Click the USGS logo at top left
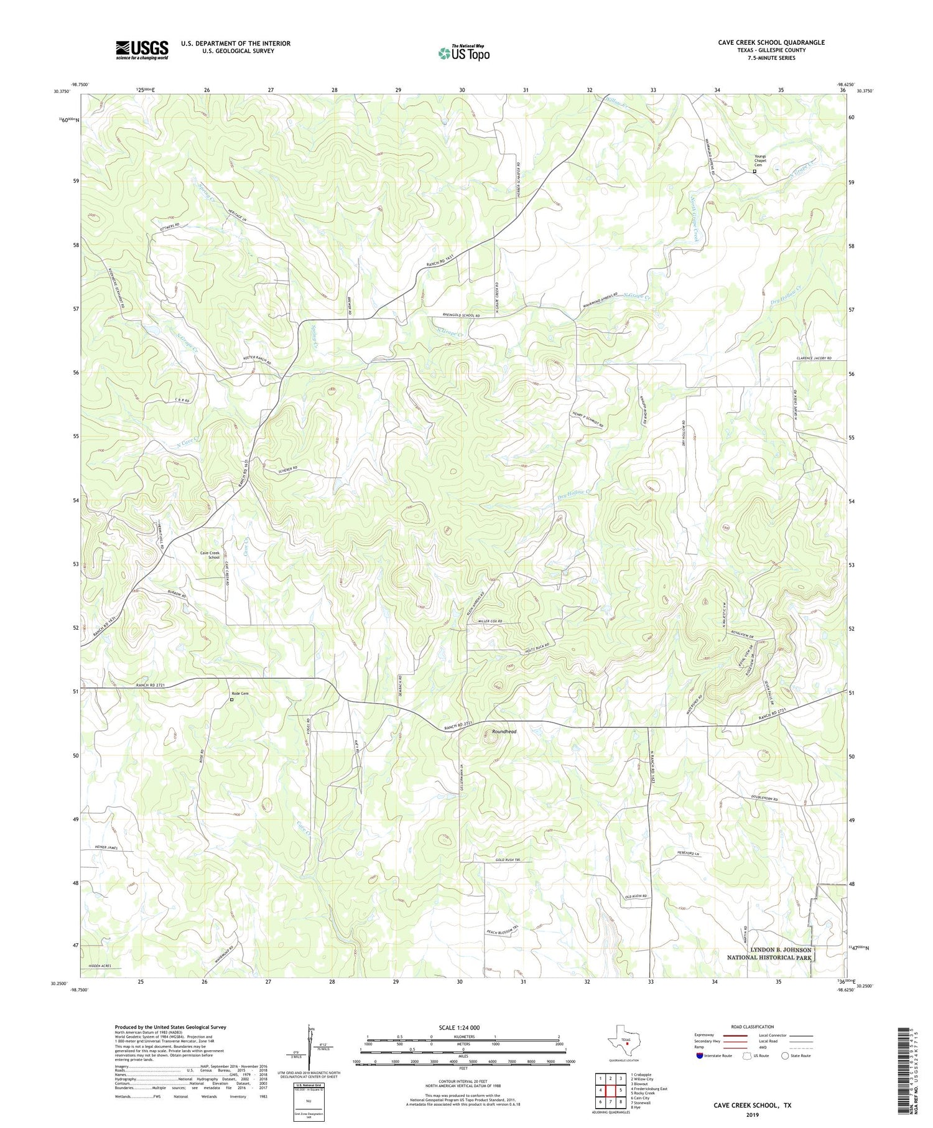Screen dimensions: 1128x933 [x=142, y=50]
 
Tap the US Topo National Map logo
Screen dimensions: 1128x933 [x=463, y=53]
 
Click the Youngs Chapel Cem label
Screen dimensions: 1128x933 [x=760, y=161]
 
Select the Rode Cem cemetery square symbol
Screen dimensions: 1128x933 [x=232, y=699]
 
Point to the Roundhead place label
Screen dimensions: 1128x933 [x=504, y=732]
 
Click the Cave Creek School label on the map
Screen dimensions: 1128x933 [x=210, y=555]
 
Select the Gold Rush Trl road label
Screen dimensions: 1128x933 [x=507, y=859]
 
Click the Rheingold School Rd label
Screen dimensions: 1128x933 [x=462, y=316]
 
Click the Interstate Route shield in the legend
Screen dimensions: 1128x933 [x=700, y=1056]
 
